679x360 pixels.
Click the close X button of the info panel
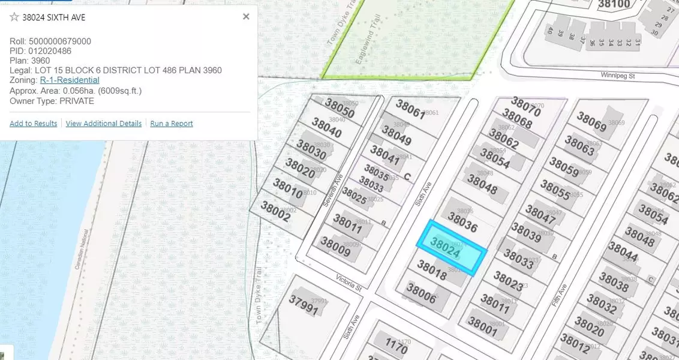click(x=246, y=17)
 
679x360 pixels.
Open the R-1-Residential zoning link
click(x=70, y=80)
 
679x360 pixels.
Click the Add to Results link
click(x=34, y=124)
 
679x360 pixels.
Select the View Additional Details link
click(x=104, y=124)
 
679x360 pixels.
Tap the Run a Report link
click(x=172, y=124)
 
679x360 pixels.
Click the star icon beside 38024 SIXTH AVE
click(x=14, y=17)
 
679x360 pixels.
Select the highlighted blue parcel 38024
click(x=452, y=248)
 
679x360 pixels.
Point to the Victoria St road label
click(x=349, y=282)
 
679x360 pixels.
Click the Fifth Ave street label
click(x=560, y=296)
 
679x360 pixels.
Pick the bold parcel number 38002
click(x=275, y=211)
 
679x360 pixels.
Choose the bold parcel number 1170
click(x=396, y=346)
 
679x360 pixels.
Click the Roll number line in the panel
click(x=50, y=41)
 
